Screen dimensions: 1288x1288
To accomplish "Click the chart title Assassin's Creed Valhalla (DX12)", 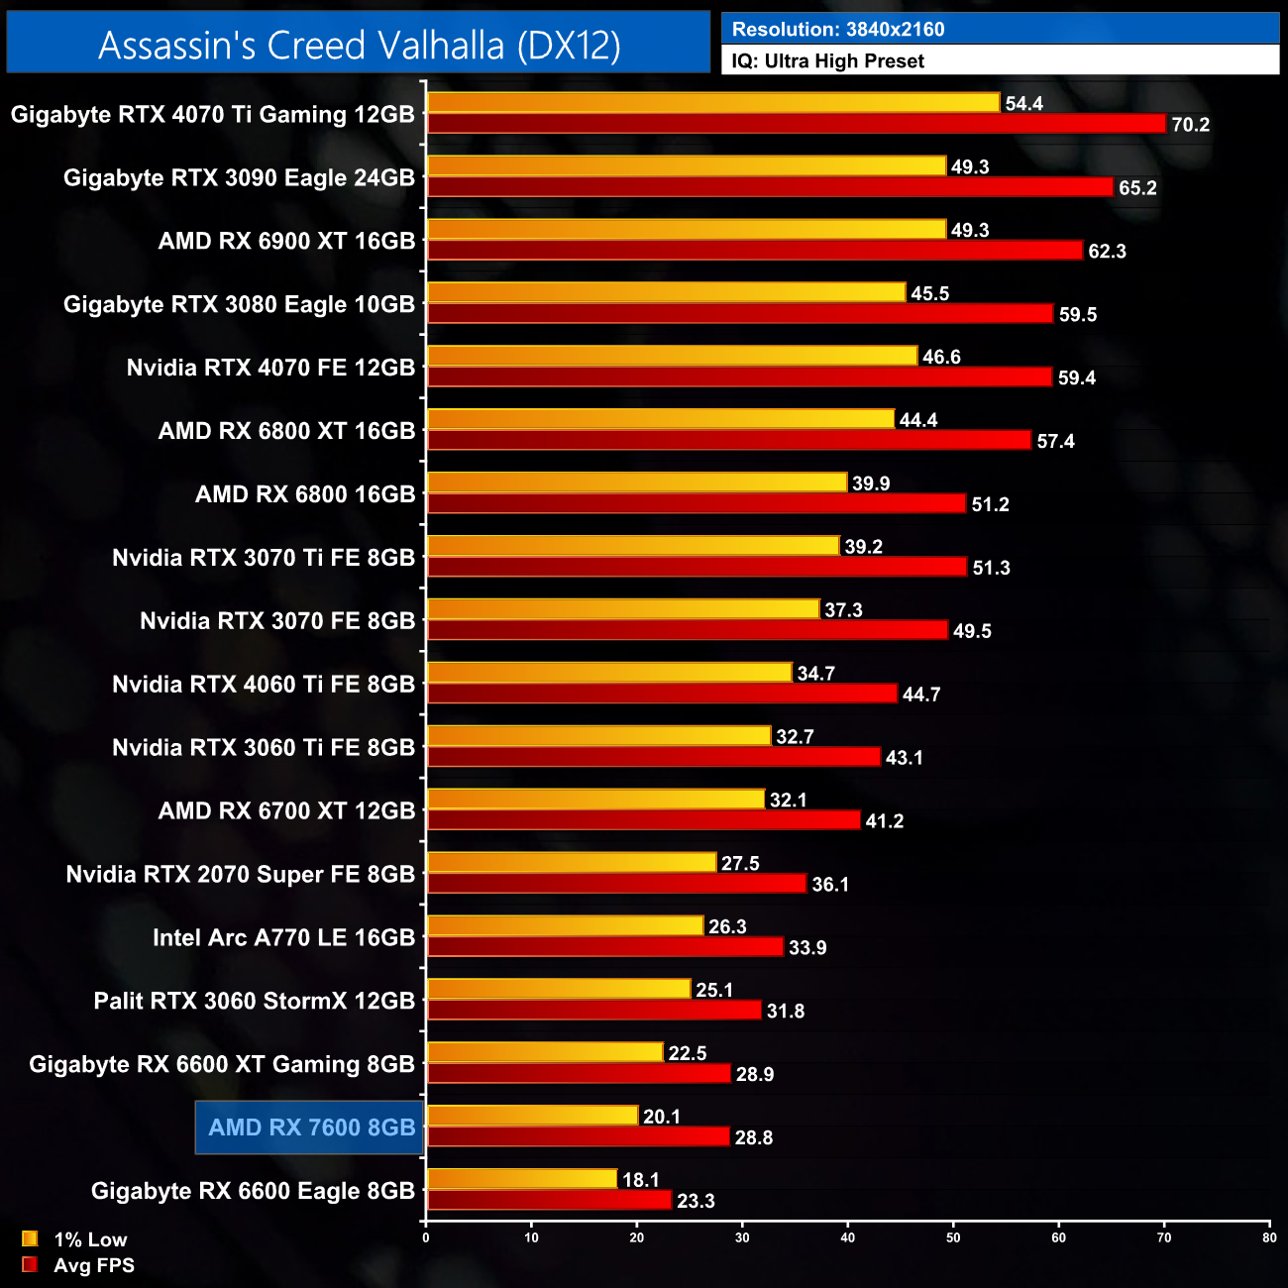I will tap(359, 45).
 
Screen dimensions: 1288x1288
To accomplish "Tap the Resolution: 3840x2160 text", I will tap(838, 29).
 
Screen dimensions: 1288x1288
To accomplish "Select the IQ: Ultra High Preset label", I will tap(827, 61).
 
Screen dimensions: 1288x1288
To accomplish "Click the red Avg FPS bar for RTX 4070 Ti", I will tap(797, 124).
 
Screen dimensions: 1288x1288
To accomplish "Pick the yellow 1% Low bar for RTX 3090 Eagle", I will tap(687, 166).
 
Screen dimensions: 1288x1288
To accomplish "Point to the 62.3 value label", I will tap(1107, 252).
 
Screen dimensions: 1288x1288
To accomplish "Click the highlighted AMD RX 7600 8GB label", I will tap(311, 1127).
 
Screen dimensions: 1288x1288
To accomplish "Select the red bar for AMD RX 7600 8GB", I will tap(579, 1137).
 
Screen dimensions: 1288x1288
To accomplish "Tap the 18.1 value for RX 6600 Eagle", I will tap(640, 1180).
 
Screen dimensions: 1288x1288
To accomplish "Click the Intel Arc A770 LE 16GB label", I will tap(283, 937).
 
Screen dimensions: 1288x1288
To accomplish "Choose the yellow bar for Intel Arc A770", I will tap(565, 926).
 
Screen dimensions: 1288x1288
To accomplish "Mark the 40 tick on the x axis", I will tap(848, 1237).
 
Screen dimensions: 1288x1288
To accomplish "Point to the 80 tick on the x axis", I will tap(1269, 1237).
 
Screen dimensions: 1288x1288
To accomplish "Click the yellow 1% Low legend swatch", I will tap(30, 1238).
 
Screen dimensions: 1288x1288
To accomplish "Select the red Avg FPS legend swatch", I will tap(30, 1264).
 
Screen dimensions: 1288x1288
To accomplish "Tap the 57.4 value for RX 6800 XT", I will tap(1055, 442).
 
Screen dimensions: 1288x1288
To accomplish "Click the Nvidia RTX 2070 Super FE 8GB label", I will tap(240, 874).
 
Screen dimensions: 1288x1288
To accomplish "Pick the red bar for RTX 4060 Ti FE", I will tap(662, 694).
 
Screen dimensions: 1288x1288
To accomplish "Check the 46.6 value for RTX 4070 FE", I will tap(941, 358).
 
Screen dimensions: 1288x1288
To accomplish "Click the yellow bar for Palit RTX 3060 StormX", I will tap(559, 990).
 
